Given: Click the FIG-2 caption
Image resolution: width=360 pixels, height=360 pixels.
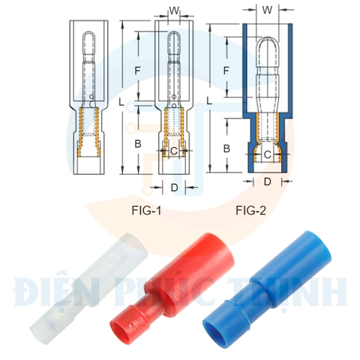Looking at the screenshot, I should point(250,211).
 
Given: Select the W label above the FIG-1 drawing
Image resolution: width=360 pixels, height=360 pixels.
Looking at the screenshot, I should point(174,11).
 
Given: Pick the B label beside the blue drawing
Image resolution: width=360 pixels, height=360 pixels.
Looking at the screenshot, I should point(226,149).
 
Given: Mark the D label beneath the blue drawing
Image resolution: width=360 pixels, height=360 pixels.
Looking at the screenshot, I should point(267,182).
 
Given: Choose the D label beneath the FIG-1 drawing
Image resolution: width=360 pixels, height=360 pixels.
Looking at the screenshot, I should point(174,187).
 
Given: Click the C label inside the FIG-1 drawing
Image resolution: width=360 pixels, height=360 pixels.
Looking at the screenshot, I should point(174,151).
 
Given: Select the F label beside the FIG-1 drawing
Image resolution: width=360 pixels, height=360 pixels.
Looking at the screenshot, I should point(136,70).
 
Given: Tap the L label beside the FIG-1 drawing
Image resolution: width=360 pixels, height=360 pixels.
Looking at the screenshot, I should point(121,99).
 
